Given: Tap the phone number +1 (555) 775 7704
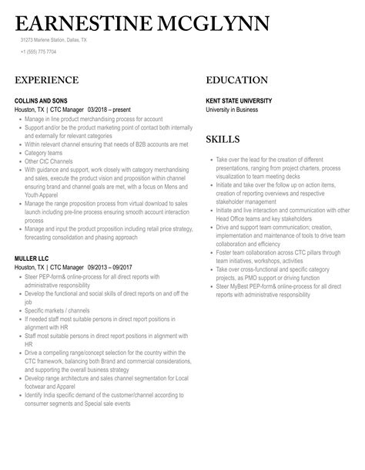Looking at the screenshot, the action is point(39,51).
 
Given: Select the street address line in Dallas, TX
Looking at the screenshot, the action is point(54,40).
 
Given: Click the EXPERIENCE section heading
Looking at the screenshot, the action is point(46,79).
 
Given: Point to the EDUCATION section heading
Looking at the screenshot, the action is point(237,79).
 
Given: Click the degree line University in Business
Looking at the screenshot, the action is point(232,110).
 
